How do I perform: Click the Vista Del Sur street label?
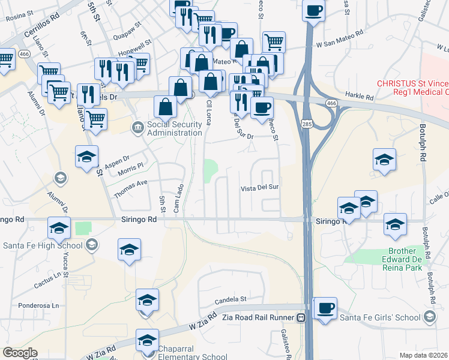click(260, 188)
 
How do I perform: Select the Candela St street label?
click(235, 298)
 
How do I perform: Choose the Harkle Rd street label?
click(360, 96)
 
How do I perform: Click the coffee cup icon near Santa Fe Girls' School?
click(325, 309)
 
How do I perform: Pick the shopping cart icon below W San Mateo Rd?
click(273, 43)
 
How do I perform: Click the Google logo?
click(20, 353)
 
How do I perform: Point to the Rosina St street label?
click(17, 17)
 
